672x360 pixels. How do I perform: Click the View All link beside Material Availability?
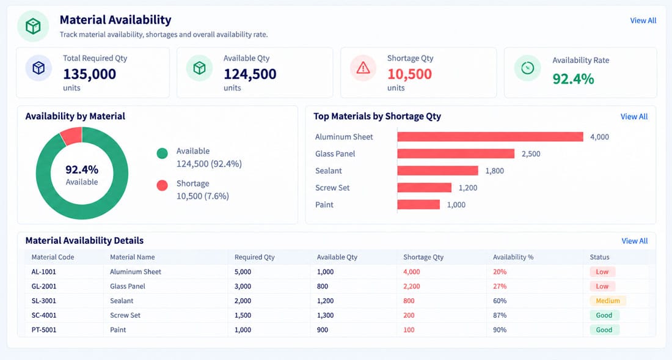[643, 21]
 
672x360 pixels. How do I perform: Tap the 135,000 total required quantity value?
[90, 74]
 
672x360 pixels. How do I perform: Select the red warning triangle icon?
[363, 68]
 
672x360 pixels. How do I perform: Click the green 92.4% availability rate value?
[573, 79]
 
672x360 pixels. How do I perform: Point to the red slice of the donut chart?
[71, 136]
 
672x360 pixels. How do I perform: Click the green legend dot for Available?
[162, 153]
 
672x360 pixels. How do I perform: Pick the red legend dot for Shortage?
[162, 186]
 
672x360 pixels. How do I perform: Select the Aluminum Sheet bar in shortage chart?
[491, 137]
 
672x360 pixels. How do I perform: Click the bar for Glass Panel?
[456, 153]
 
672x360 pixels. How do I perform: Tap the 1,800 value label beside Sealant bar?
[495, 171]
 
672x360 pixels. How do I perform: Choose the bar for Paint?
[418, 204]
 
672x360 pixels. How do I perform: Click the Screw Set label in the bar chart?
[332, 188]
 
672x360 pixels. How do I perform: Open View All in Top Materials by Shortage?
[634, 117]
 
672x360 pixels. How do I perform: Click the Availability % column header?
[513, 257]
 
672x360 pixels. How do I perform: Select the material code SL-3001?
[44, 301]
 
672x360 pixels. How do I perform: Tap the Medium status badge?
[608, 301]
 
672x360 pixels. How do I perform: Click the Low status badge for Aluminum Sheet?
[602, 272]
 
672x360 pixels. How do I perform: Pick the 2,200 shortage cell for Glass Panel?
[411, 286]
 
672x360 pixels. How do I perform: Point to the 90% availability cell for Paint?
[500, 330]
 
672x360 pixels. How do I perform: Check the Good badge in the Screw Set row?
[604, 315]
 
